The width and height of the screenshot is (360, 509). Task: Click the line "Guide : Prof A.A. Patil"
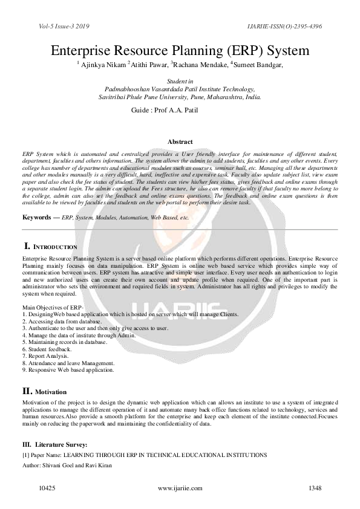(164, 111)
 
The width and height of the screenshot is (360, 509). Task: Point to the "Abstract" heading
(180, 140)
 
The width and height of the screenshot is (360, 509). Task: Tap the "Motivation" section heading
(51, 392)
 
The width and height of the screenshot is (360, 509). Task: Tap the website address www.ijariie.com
(179, 488)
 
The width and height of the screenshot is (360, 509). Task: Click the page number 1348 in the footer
(315, 488)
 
